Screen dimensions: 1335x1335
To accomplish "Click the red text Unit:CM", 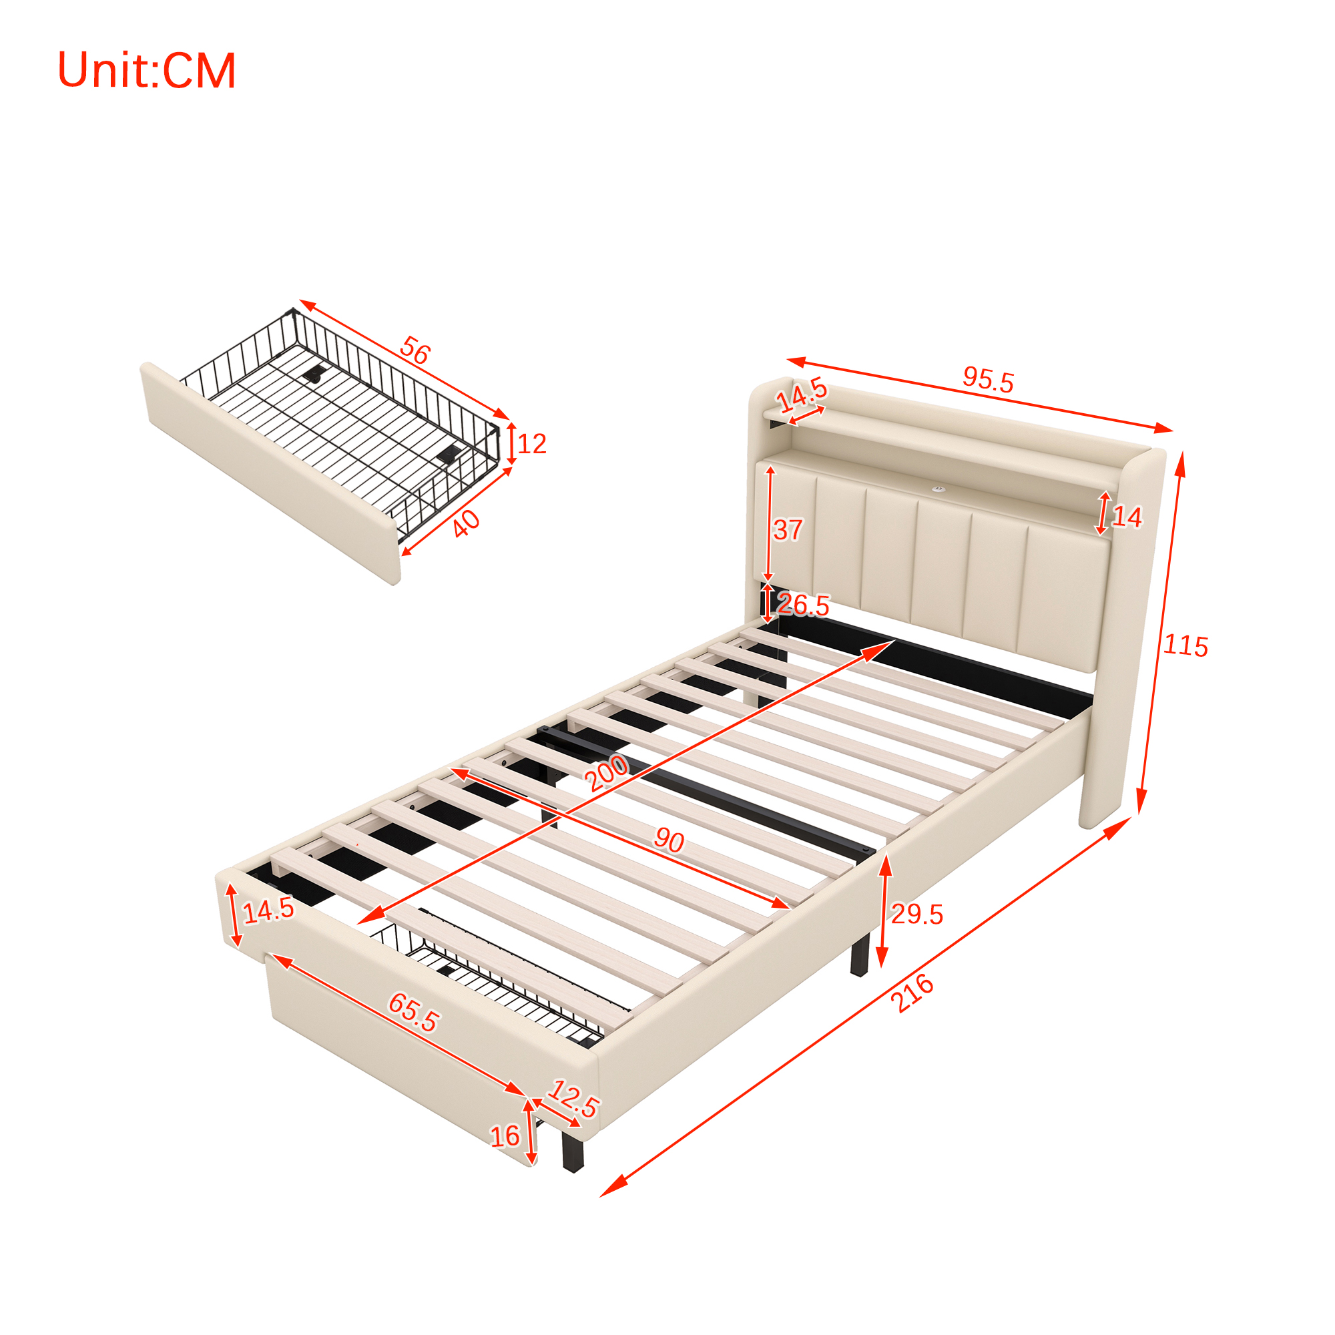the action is click(146, 71).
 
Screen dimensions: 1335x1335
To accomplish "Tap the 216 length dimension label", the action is click(912, 994).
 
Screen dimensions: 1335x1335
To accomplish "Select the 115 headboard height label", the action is click(1185, 645).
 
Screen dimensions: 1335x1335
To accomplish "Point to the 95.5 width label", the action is click(988, 380).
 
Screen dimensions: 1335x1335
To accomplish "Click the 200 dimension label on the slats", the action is click(607, 772).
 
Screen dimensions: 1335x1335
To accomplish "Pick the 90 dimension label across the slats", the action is click(669, 840).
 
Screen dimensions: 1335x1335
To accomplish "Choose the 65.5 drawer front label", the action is click(413, 1013).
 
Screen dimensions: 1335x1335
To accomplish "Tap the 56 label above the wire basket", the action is click(415, 350).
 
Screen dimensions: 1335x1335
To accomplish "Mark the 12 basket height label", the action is click(531, 444).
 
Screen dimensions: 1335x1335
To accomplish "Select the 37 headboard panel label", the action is click(788, 530).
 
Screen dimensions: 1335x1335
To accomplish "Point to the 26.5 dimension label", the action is click(803, 605).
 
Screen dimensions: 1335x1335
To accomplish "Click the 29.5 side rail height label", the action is click(917, 914).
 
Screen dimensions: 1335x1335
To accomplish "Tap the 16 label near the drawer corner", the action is click(505, 1136).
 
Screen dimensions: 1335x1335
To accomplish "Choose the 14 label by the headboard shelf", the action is click(1127, 517).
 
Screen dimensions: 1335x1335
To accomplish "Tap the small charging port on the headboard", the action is click(938, 489).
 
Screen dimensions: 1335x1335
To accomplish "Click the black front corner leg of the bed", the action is click(573, 1147).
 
